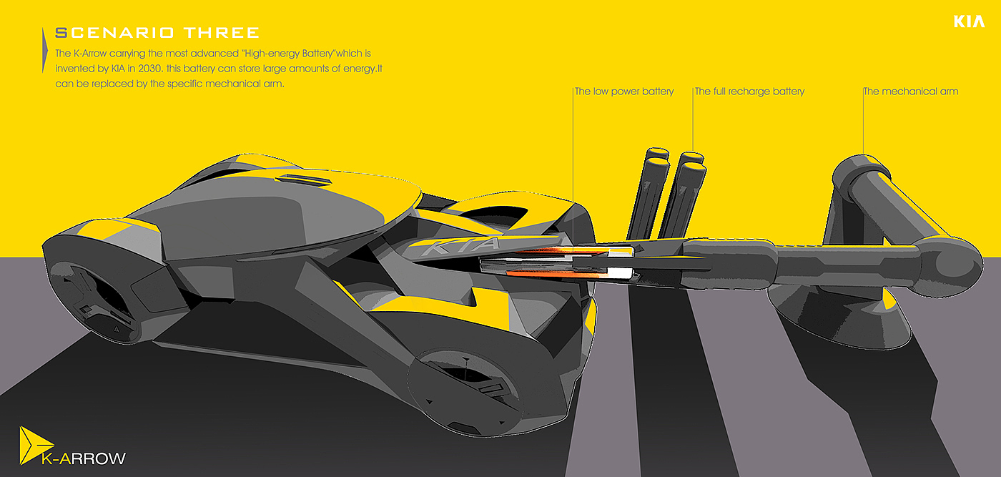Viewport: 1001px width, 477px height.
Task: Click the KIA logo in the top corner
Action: click(969, 22)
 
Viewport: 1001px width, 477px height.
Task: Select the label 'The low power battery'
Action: click(624, 92)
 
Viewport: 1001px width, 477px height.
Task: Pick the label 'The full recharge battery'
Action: click(749, 92)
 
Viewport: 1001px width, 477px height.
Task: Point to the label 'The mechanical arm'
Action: click(910, 92)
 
